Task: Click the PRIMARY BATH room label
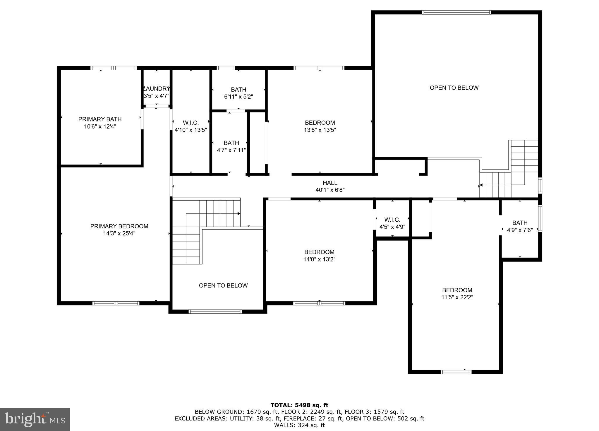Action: pos(100,119)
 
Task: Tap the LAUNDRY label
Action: pos(157,89)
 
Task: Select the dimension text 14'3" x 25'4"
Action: pos(119,233)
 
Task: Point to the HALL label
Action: pos(330,183)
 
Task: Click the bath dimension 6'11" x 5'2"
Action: pos(238,97)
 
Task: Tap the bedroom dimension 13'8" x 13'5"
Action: pos(320,130)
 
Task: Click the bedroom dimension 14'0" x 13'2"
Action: pos(319,259)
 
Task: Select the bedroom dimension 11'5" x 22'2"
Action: pos(457,297)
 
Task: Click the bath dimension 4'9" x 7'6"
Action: pos(520,230)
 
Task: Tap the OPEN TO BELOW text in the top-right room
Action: pos(454,88)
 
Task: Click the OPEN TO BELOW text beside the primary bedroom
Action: pos(223,285)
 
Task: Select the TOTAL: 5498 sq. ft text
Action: pos(299,405)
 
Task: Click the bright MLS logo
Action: pos(35,420)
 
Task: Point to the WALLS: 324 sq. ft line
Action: pos(299,425)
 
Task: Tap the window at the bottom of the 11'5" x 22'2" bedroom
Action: pos(456,372)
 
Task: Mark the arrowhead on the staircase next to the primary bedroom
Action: pos(239,214)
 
